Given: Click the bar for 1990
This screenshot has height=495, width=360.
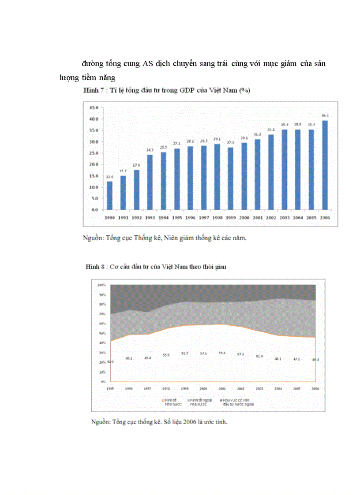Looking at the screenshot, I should click(x=109, y=195).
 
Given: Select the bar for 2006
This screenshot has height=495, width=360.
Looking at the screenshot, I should click(x=325, y=165).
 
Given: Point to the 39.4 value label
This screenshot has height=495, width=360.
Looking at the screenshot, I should click(x=325, y=115).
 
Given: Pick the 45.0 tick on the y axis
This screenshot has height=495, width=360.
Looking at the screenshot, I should click(x=94, y=108).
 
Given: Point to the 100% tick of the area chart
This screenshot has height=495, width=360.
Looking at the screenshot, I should click(x=101, y=285).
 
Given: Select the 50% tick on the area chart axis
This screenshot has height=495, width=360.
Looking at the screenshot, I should click(x=102, y=333).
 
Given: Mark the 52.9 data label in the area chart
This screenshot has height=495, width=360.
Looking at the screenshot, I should click(x=259, y=356).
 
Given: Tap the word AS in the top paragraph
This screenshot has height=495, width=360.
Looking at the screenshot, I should click(x=148, y=63).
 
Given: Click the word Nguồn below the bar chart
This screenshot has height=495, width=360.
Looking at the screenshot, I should click(x=93, y=238).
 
